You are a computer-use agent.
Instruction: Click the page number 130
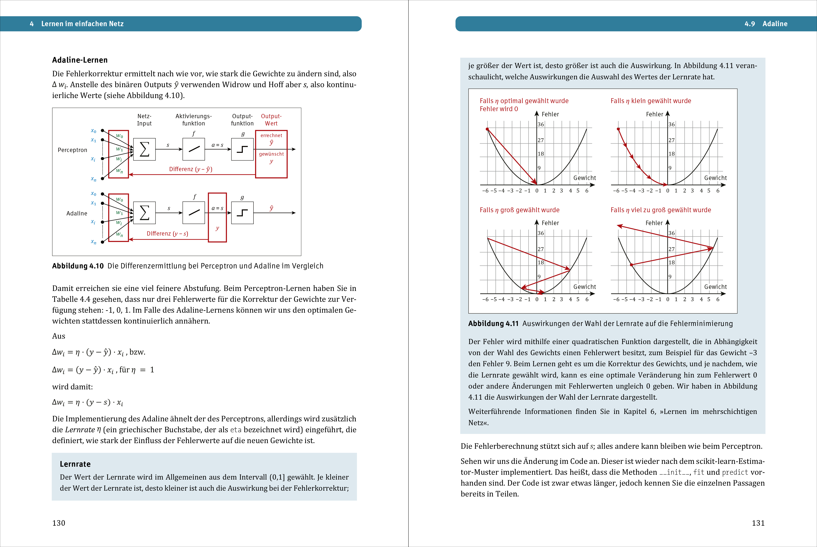click(59, 523)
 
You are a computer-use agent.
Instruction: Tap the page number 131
click(758, 523)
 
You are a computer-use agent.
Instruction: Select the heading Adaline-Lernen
click(80, 60)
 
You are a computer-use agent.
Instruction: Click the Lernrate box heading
click(75, 464)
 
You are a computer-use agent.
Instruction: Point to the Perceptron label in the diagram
click(72, 150)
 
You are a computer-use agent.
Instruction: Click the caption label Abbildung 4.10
click(78, 266)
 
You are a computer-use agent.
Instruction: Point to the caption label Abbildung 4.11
click(493, 323)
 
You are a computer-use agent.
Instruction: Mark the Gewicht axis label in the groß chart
click(585, 287)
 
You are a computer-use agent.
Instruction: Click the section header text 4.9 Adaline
click(766, 24)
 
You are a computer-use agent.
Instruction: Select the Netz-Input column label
click(144, 120)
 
